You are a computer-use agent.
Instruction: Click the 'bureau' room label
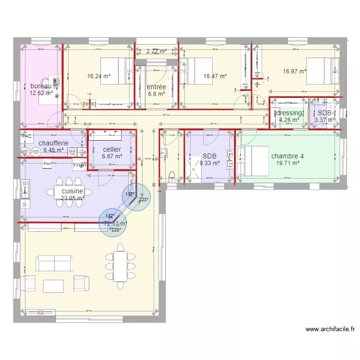[41, 86]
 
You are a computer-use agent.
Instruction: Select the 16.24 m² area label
[98, 76]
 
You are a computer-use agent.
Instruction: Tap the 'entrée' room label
[156, 87]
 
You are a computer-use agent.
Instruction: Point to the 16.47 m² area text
[215, 76]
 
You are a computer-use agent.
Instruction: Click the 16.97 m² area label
[294, 72]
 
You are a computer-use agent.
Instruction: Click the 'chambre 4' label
[288, 156]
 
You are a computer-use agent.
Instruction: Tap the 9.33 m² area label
[209, 163]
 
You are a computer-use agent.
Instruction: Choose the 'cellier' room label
[112, 149]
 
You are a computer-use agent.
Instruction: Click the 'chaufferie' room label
[53, 143]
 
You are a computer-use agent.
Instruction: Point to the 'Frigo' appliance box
[79, 166]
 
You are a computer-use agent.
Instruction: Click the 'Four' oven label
[47, 164]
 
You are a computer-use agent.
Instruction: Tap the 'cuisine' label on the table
[72, 191]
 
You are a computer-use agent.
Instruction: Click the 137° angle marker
[129, 194]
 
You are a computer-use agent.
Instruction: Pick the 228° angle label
[116, 229]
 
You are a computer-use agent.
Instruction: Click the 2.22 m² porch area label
[156, 51]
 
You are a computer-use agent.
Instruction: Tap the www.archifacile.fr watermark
[330, 329]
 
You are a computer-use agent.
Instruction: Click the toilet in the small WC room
[172, 175]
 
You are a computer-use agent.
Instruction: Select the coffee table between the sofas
[53, 286]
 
